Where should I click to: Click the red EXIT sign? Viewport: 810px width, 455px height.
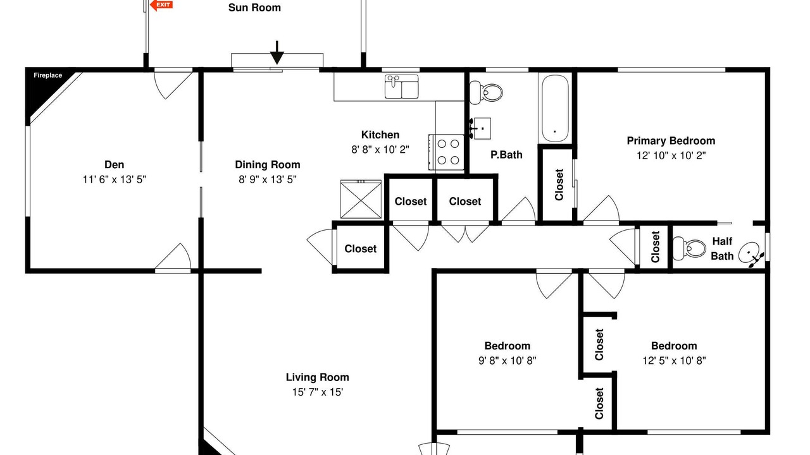click(161, 5)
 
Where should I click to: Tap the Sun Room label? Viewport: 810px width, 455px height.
click(254, 8)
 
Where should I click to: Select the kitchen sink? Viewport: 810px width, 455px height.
click(401, 87)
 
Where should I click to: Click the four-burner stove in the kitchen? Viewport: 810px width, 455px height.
click(447, 152)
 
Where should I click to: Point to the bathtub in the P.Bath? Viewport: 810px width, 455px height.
click(555, 108)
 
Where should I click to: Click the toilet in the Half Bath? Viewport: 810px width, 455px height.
click(689, 248)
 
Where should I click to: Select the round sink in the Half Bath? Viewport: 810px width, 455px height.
click(751, 253)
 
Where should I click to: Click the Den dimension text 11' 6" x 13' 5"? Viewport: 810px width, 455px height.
click(115, 179)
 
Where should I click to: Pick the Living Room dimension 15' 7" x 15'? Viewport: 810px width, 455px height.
click(318, 392)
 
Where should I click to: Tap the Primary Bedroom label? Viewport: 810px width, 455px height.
click(671, 140)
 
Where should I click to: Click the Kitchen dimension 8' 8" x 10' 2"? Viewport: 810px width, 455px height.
click(380, 150)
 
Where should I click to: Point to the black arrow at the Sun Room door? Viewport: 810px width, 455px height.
click(277, 52)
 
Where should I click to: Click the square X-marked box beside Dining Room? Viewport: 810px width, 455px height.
click(361, 199)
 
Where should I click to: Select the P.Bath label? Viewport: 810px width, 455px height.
click(506, 155)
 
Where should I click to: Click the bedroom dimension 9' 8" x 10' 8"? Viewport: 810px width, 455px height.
click(507, 361)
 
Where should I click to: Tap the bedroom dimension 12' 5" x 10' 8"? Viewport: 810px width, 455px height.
click(674, 361)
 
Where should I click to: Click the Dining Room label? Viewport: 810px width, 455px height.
click(268, 165)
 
